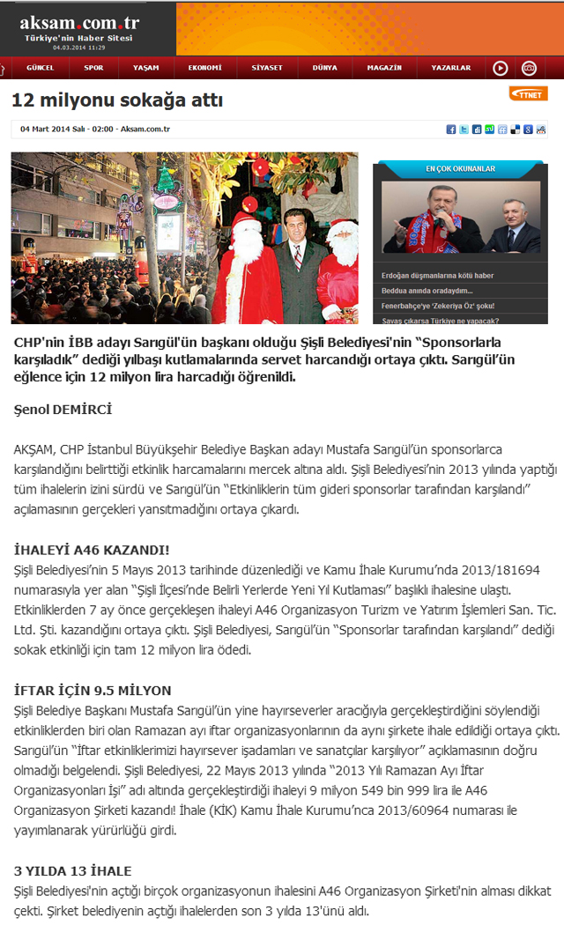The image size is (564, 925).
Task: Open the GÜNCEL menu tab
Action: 41,68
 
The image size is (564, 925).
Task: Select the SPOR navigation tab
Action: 93,68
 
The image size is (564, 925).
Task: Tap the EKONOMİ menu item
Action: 204,68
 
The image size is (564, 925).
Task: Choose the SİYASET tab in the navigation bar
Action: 266,68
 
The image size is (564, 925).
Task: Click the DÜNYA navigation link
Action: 324,68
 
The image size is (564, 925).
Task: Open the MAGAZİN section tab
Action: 384,68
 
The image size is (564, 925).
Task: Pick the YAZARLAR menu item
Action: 450,68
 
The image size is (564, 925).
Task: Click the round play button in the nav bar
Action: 500,68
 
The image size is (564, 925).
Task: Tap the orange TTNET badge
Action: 529,94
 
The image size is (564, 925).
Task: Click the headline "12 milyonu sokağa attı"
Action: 117,101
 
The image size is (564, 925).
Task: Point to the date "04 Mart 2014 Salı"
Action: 53,129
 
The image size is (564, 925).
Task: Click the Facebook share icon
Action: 451,129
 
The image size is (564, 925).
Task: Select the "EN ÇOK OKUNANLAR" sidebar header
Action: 460,168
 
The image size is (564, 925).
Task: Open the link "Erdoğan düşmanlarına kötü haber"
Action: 437,276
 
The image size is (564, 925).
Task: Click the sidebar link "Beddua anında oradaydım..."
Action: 427,291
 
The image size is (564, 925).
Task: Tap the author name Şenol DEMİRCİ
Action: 63,410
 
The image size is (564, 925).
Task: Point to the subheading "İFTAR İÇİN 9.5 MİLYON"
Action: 93,690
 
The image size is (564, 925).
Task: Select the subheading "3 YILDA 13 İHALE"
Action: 73,871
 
